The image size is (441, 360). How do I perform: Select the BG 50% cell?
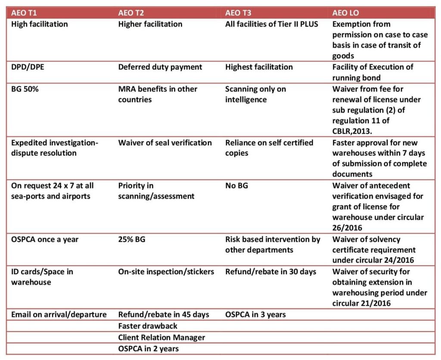25,89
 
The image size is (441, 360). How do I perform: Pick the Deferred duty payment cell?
160,67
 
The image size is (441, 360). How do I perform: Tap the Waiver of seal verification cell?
165,143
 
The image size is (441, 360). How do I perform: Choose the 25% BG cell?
131,239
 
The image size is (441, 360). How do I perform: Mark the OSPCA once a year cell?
45,239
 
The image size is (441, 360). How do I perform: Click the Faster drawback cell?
148,326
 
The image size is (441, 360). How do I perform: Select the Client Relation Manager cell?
161,337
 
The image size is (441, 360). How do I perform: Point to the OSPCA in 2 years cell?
149,348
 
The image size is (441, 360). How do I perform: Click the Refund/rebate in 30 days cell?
270,272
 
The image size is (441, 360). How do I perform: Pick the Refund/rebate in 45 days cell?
164,315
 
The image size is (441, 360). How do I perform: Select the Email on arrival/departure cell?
59,315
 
